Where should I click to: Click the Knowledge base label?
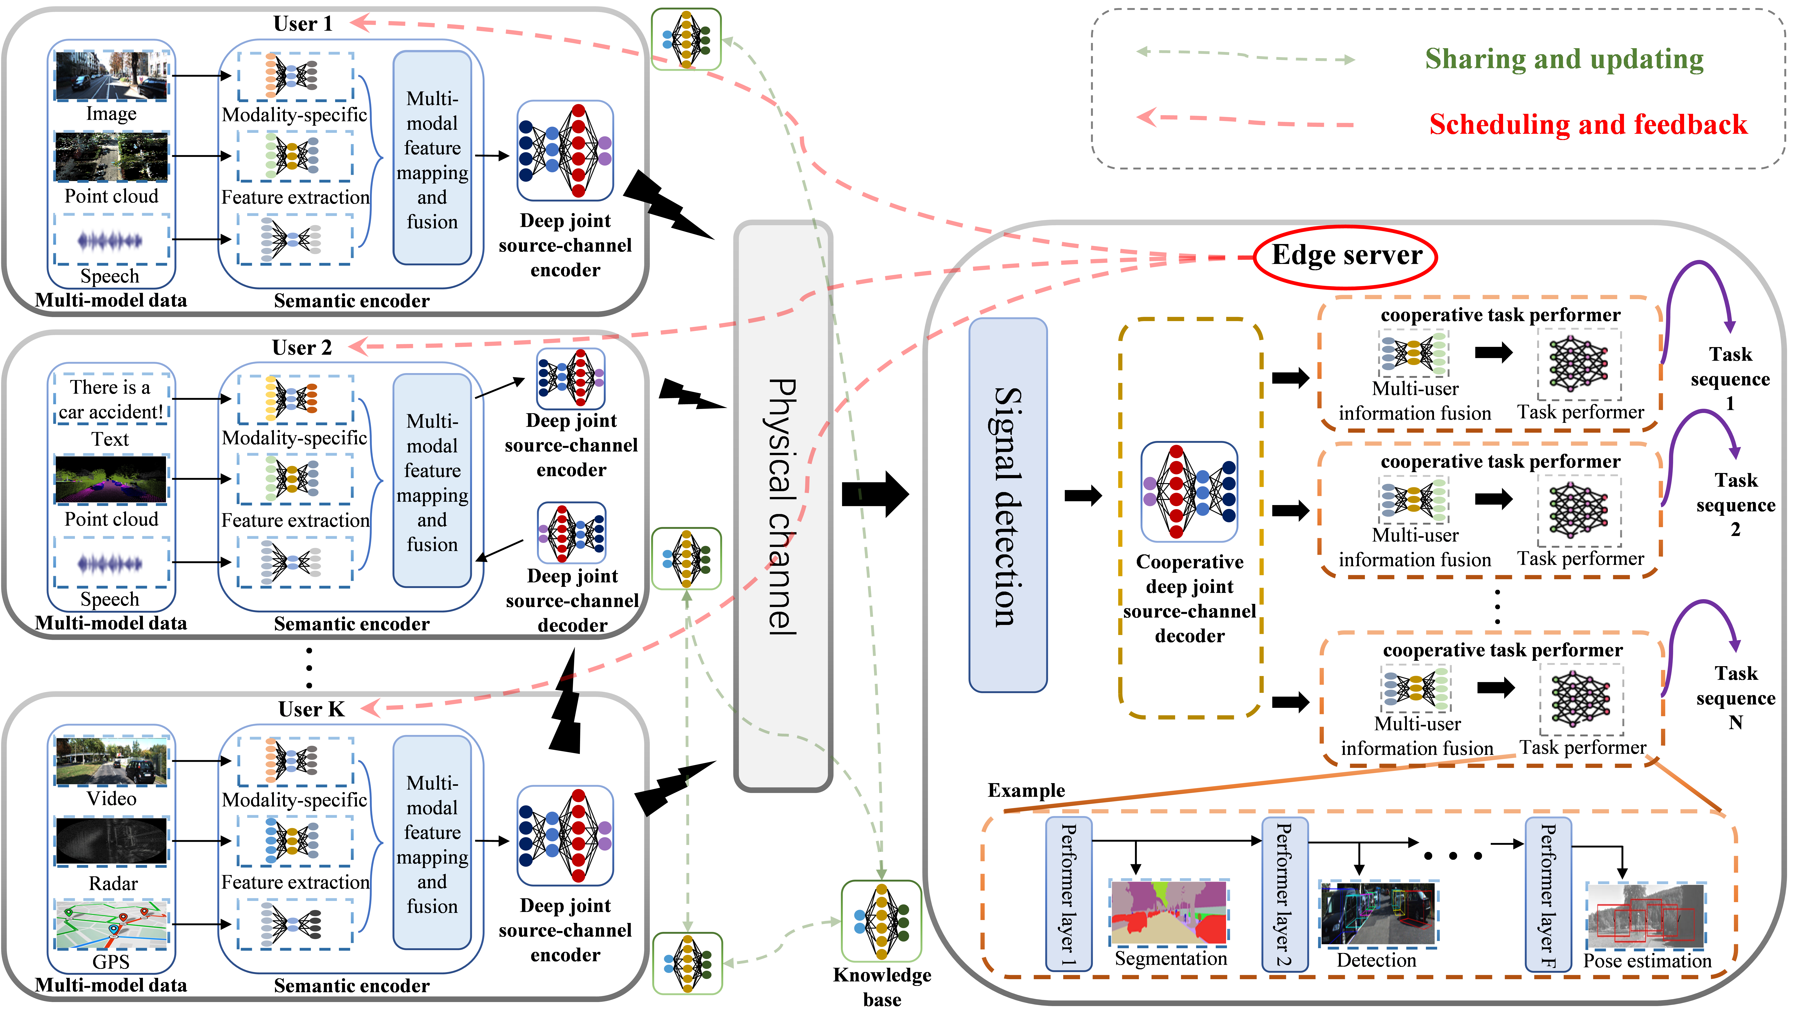882,986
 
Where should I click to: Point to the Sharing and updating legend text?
1564,59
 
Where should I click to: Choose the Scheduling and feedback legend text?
1588,125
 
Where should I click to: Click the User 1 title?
303,24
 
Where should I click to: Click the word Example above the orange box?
1026,791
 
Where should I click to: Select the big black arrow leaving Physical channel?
875,495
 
